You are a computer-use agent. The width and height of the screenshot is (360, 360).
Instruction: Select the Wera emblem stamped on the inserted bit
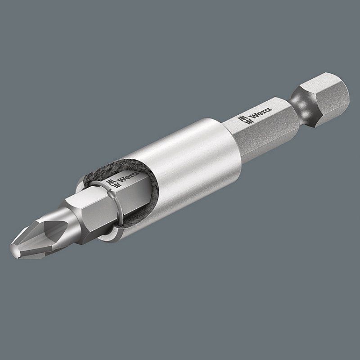point(110,184)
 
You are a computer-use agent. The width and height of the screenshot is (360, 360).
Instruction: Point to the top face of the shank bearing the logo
point(265,115)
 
